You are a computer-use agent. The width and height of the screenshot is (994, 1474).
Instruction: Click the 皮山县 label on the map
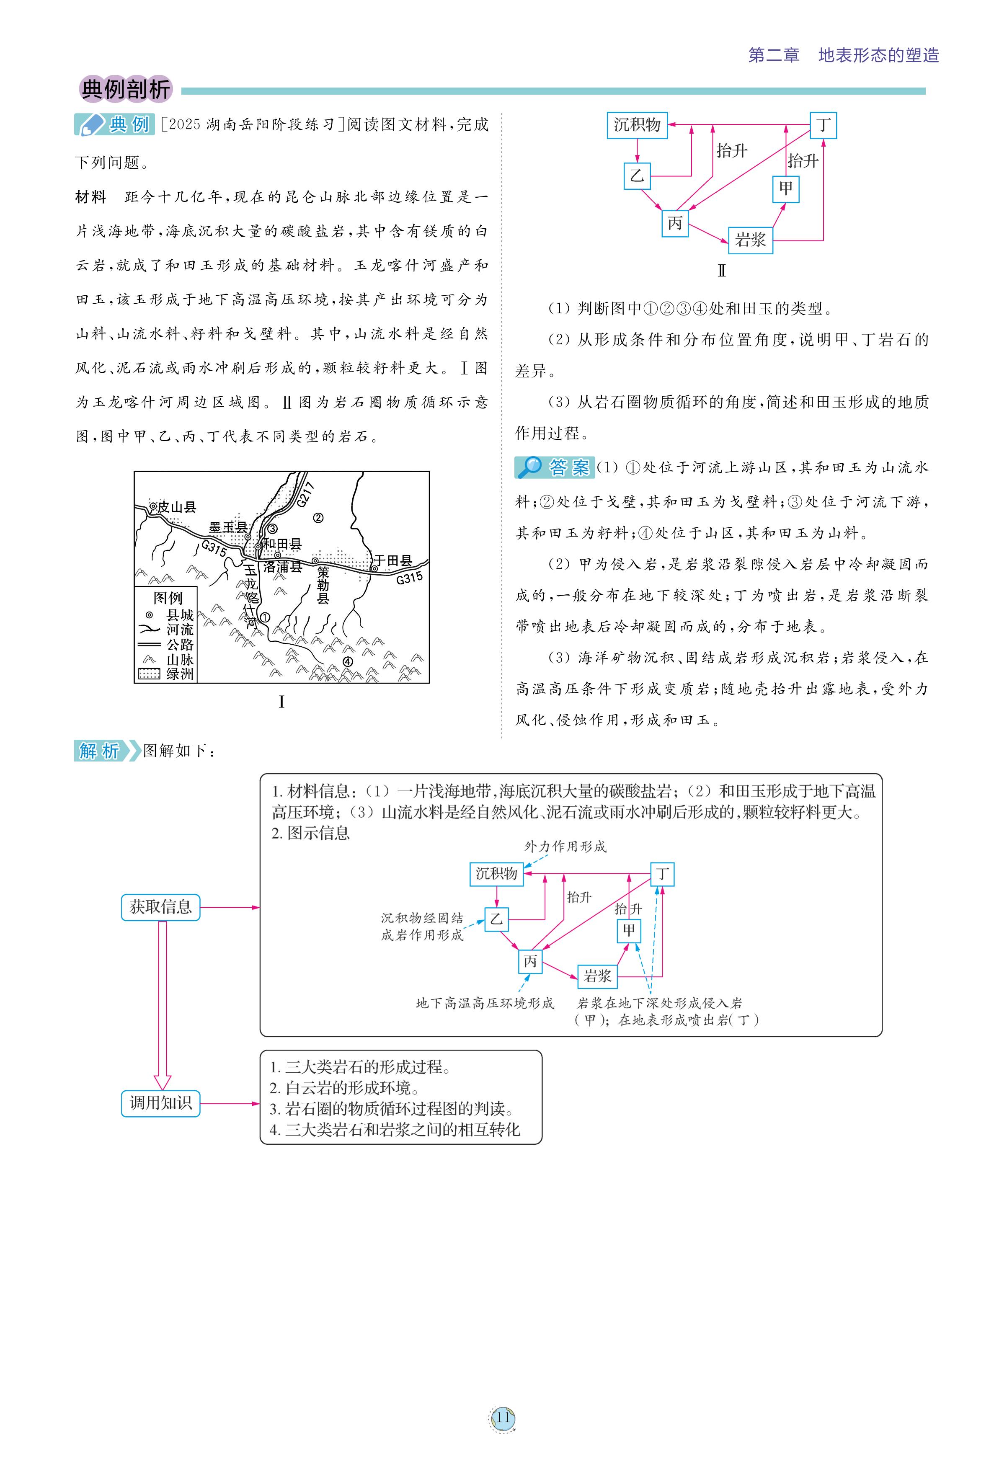click(x=176, y=507)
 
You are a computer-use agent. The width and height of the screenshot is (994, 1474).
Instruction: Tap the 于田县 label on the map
click(x=392, y=561)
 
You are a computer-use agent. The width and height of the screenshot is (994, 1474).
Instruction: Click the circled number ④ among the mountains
click(x=348, y=661)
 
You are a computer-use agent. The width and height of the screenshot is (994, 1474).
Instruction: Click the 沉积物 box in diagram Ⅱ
click(x=637, y=125)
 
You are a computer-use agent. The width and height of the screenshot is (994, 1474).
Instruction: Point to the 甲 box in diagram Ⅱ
click(x=786, y=188)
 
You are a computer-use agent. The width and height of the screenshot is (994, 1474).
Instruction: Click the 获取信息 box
click(x=160, y=907)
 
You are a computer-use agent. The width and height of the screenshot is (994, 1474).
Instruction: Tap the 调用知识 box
click(x=160, y=1103)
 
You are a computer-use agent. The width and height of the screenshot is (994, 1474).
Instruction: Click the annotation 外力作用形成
click(x=565, y=847)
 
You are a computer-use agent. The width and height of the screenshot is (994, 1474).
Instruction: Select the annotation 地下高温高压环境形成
click(x=485, y=1003)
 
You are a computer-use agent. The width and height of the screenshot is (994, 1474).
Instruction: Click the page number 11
click(x=503, y=1417)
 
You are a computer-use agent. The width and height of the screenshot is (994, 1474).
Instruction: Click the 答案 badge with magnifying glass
click(x=555, y=468)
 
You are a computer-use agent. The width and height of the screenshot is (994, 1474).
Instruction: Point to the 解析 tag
click(x=100, y=751)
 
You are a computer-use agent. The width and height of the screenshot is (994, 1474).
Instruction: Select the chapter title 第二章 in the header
click(x=773, y=56)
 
